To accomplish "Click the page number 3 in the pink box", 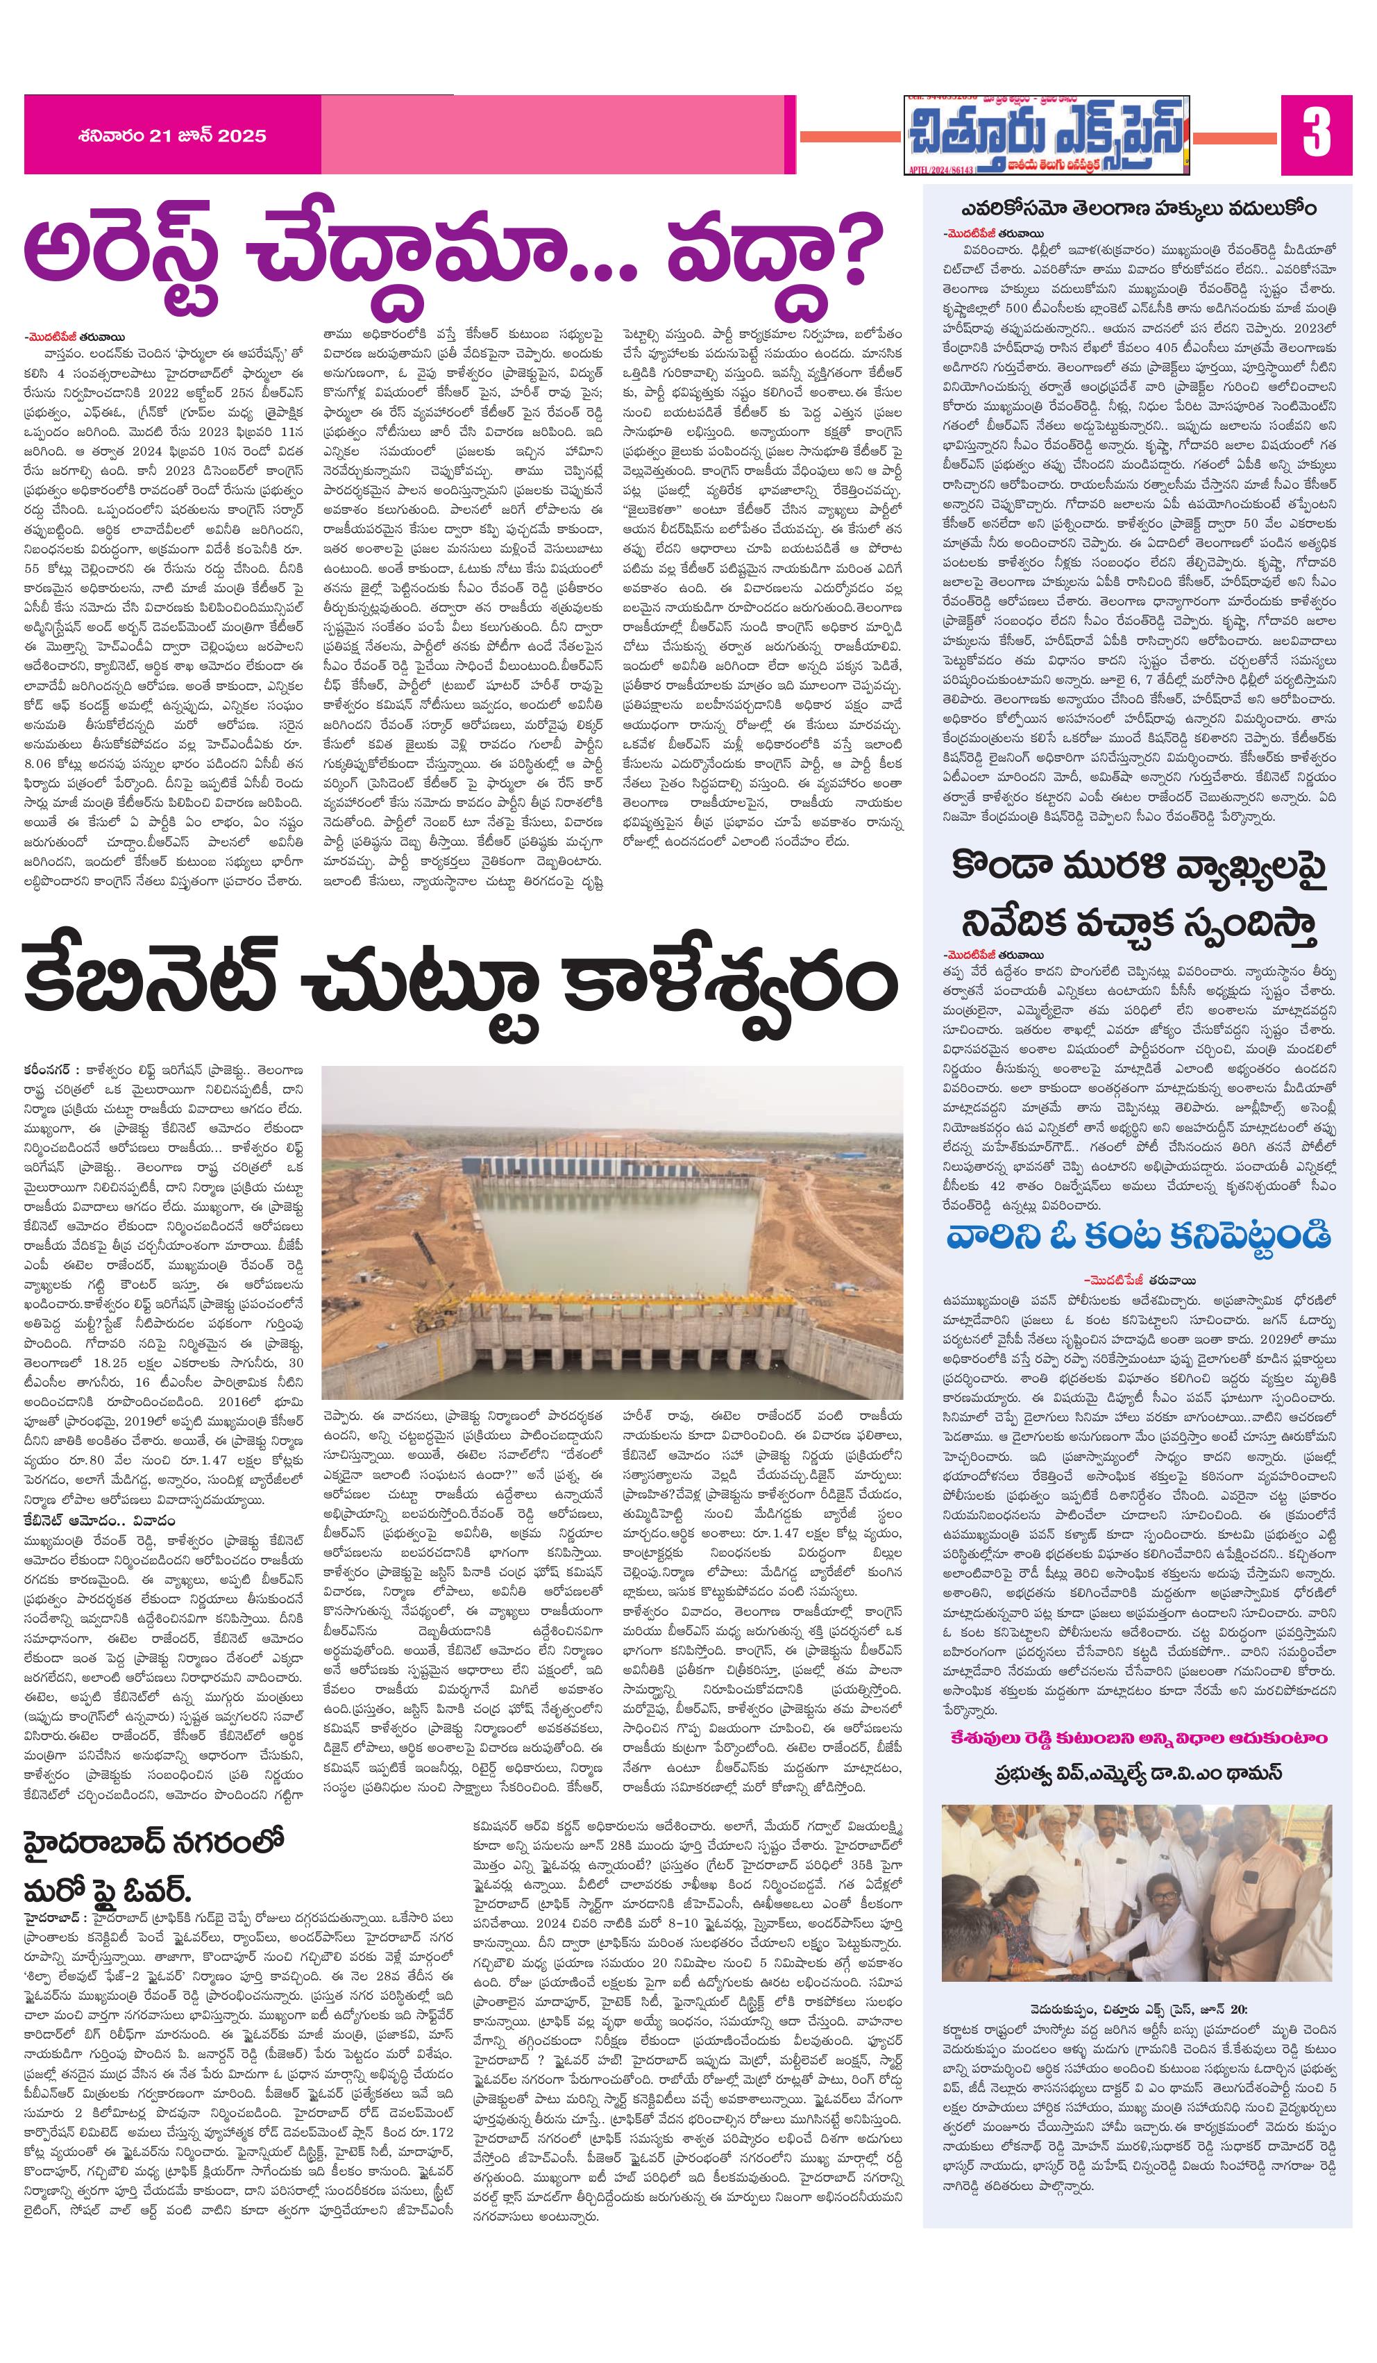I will [1315, 133].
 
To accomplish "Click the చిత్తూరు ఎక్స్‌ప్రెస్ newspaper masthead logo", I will [1045, 133].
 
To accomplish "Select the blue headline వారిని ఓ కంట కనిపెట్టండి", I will [1137, 1236].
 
